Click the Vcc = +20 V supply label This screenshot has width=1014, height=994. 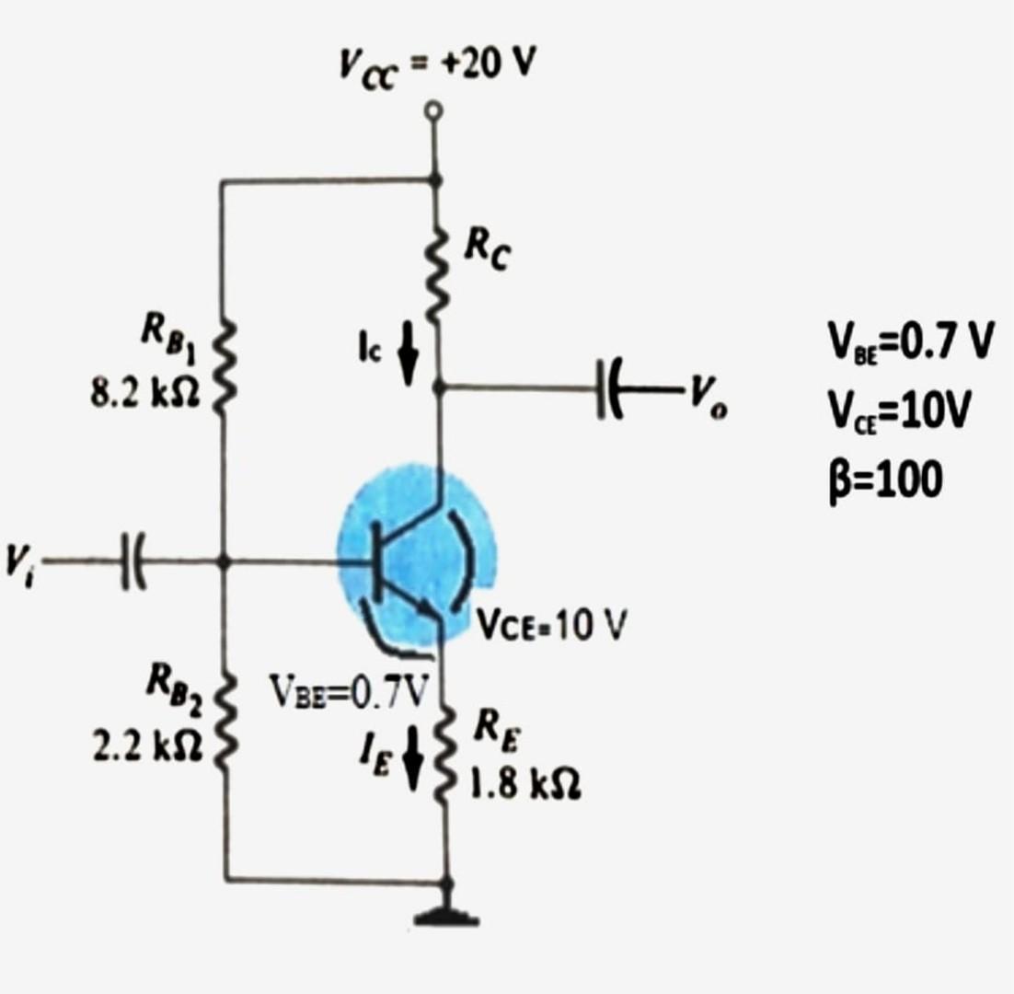tap(436, 64)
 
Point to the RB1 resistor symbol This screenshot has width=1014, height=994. tap(224, 364)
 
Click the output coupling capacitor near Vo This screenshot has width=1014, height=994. tap(612, 387)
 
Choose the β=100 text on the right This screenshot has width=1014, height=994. tap(881, 479)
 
